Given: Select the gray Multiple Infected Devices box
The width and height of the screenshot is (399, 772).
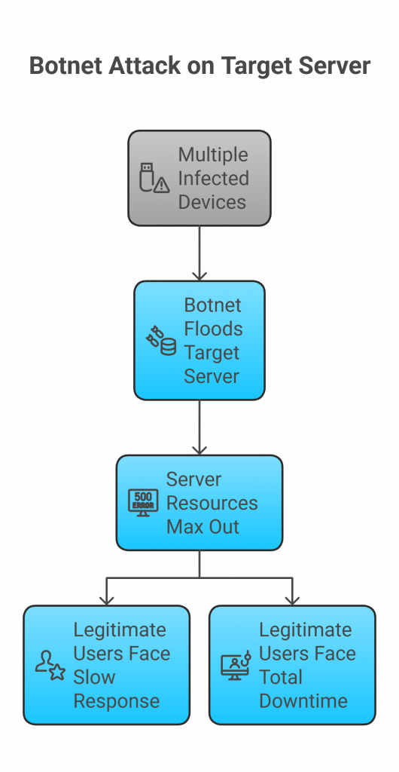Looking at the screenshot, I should (200, 179).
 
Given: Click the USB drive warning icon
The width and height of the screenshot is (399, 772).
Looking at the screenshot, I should (154, 179).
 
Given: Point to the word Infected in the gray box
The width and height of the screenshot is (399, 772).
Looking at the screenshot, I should (213, 179).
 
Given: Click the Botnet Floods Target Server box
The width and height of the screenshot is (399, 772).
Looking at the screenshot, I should (200, 340).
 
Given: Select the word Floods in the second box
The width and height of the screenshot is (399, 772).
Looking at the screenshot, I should (213, 329).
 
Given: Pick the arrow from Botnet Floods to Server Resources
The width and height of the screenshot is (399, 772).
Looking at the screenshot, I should (200, 427).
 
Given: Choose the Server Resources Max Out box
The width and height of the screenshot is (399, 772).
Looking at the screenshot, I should (200, 503).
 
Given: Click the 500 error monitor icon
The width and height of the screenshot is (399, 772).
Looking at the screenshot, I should (143, 503).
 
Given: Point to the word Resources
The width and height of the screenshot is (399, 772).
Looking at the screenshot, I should (212, 503).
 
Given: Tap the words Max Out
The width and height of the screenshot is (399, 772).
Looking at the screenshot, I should (203, 527).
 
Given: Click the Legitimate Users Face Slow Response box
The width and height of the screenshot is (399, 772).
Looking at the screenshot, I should (106, 665).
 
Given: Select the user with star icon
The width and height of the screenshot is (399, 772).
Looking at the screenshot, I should (50, 666).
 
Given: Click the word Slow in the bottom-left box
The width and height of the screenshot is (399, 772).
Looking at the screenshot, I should (94, 677).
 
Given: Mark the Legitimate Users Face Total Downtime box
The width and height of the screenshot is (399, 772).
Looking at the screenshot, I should (292, 665).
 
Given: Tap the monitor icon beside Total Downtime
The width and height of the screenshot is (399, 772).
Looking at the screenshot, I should (236, 666).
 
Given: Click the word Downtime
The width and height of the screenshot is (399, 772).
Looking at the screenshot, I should (303, 701).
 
